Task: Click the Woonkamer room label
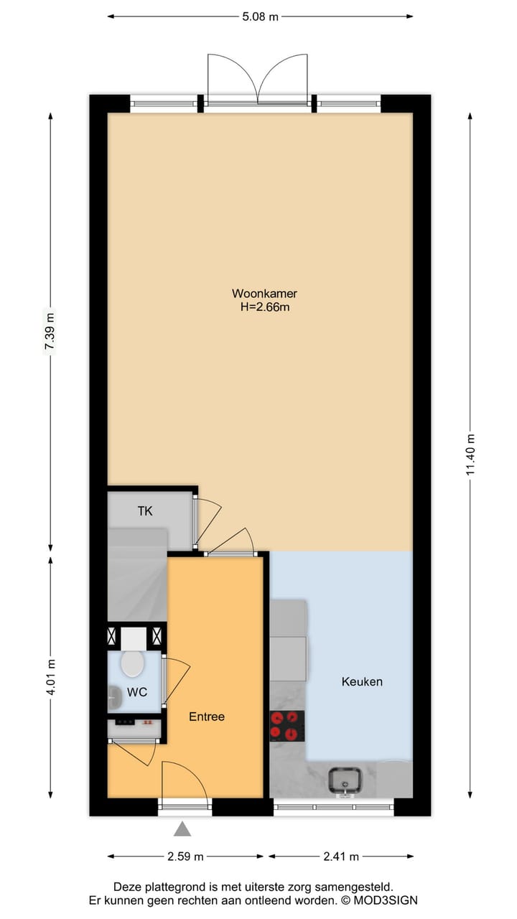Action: pos(264,294)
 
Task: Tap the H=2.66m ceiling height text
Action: pos(264,307)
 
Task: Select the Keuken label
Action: pos(362,681)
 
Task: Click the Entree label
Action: pos(207,717)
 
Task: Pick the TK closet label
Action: pos(145,511)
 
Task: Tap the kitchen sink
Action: pos(345,780)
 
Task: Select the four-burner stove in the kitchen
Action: pos(287,726)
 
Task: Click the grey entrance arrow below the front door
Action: pos(183,829)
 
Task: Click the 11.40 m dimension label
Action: pos(470,455)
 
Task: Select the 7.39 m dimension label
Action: pos(50,332)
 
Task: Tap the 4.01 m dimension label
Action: pos(50,676)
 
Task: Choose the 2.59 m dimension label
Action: pos(186,857)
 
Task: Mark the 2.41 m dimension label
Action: pos(341,857)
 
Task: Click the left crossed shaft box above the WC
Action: pos(113,635)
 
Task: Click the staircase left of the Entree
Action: pos(136,574)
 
